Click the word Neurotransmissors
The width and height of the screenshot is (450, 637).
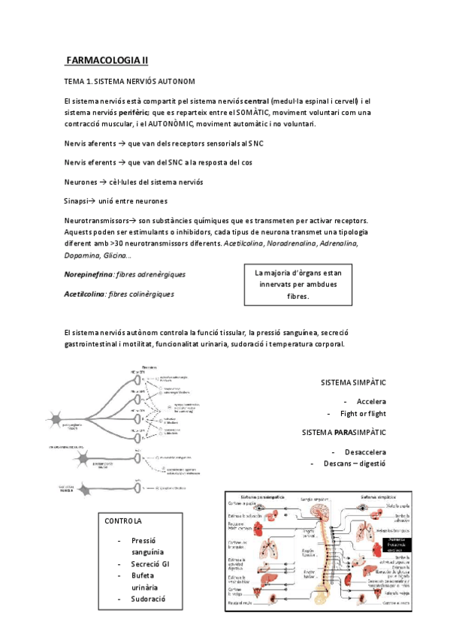tap(97, 221)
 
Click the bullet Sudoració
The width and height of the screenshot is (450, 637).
tap(148, 599)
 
